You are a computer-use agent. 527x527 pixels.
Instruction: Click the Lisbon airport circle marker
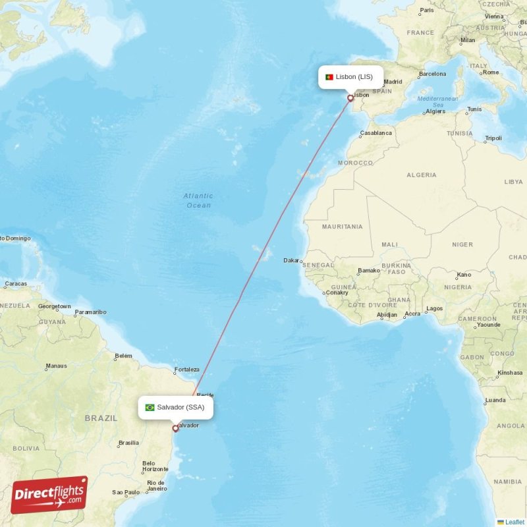(350, 98)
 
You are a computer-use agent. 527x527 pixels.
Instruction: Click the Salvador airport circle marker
(175, 428)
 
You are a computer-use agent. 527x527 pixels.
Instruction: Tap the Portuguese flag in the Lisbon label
(329, 77)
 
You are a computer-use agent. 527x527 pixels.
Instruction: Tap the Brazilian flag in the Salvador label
(150, 407)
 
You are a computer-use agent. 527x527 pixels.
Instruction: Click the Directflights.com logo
(49, 495)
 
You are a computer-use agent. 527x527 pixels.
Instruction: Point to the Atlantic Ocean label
(198, 200)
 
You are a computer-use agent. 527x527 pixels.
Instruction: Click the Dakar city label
(291, 260)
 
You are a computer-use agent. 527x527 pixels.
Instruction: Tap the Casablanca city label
(375, 133)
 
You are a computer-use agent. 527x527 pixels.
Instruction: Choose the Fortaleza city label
(186, 370)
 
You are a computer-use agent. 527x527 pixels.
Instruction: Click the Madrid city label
(393, 82)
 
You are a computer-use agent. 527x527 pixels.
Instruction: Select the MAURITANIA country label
(342, 227)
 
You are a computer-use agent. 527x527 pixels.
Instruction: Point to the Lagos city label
(435, 308)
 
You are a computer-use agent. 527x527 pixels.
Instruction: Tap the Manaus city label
(56, 366)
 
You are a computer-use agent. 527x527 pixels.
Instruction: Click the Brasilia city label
(128, 443)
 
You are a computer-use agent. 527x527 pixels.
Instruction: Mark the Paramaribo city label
(90, 312)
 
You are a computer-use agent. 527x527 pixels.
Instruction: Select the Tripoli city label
(493, 138)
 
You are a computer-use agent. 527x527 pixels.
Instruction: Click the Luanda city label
(495, 400)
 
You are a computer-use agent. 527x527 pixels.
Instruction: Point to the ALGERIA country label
(421, 175)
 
